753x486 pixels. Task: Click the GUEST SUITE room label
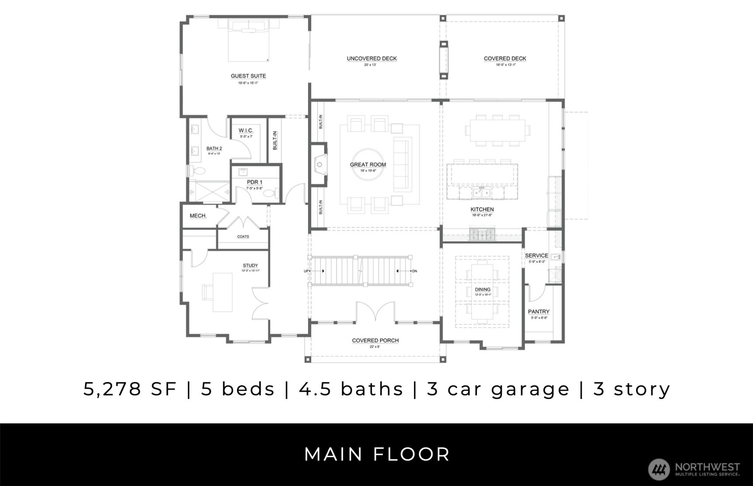tap(248, 76)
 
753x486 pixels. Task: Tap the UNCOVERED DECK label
tap(372, 59)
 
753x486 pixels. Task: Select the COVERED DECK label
tap(505, 59)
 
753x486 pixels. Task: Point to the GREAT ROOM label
tap(368, 165)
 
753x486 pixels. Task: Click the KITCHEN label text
tap(482, 210)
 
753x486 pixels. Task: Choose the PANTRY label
tap(539, 312)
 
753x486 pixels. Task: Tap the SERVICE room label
tap(536, 256)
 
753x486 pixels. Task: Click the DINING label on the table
tap(483, 290)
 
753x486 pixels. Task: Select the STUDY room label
tap(250, 265)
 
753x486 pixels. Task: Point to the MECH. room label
tap(198, 216)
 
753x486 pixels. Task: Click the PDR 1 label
tap(255, 183)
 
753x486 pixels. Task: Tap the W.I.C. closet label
tap(246, 131)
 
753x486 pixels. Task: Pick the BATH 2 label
tap(214, 148)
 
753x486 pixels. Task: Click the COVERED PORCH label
tap(375, 341)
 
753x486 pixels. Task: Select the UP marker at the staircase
tap(306, 271)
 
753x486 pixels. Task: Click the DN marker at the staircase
tap(414, 271)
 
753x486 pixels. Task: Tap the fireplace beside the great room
tap(319, 165)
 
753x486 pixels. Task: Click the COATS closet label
tap(243, 237)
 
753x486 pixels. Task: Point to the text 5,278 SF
tap(130, 389)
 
